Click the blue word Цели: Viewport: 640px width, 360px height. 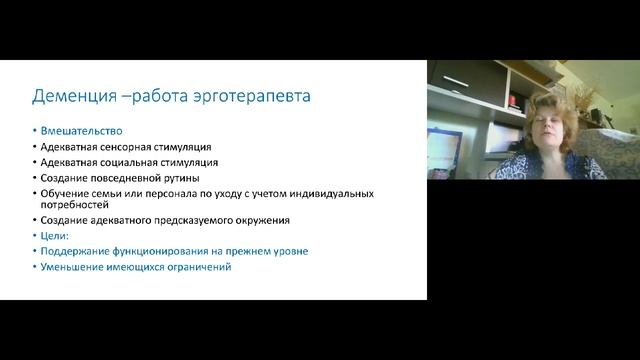click(56, 236)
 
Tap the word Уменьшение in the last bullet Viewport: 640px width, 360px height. click(74, 267)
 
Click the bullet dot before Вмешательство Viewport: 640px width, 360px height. click(34, 131)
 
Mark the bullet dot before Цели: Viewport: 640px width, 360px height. click(34, 236)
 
